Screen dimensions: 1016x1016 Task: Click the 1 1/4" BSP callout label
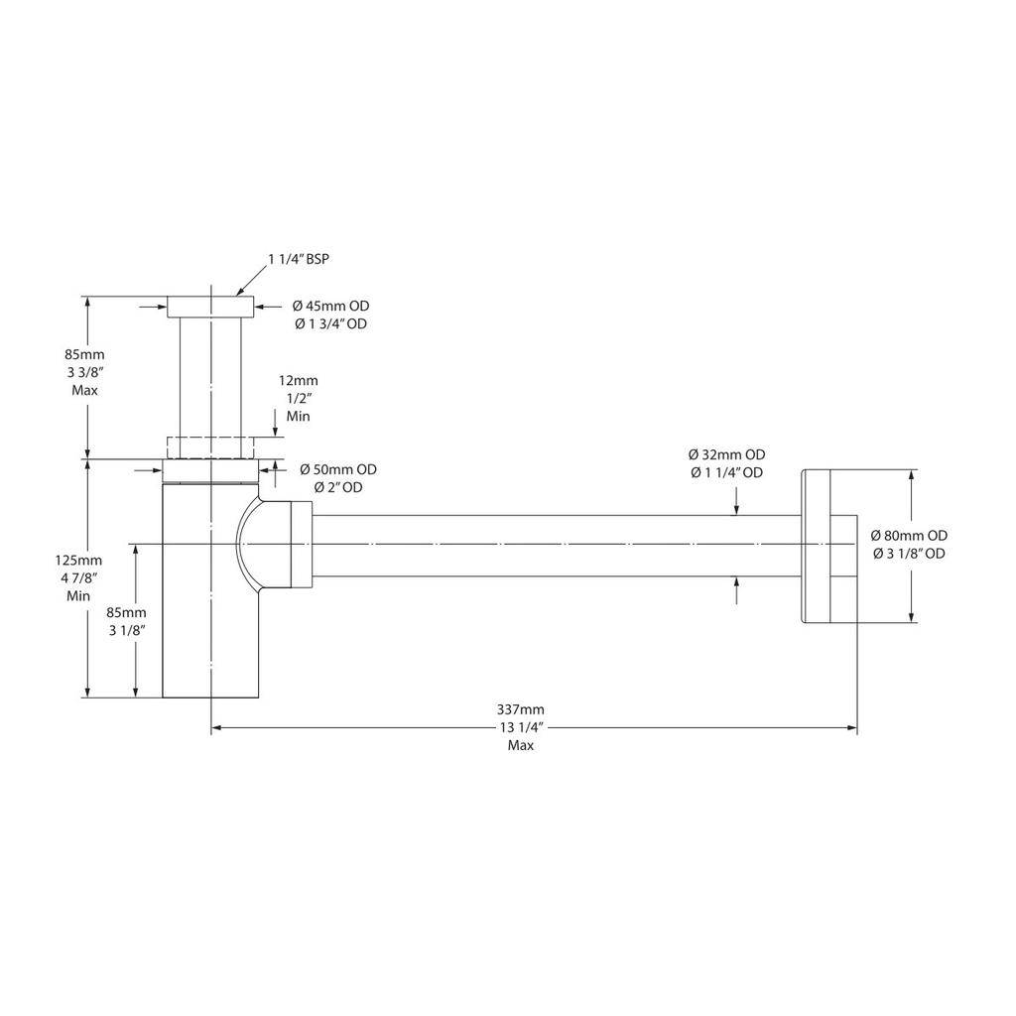[x=299, y=259]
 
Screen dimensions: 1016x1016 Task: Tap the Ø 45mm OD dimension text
[x=330, y=306]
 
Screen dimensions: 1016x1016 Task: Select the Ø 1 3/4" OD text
[x=330, y=324]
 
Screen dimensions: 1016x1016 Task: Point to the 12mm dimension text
[x=298, y=380]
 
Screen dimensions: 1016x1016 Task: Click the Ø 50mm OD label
[x=338, y=469]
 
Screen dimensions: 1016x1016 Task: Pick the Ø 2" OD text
[x=338, y=487]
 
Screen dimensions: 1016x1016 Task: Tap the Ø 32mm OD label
[x=726, y=454]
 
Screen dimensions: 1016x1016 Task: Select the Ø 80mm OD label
[x=909, y=535]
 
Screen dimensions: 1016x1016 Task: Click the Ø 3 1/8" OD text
[x=909, y=554]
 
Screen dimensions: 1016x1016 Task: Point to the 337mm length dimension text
[x=520, y=709]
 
